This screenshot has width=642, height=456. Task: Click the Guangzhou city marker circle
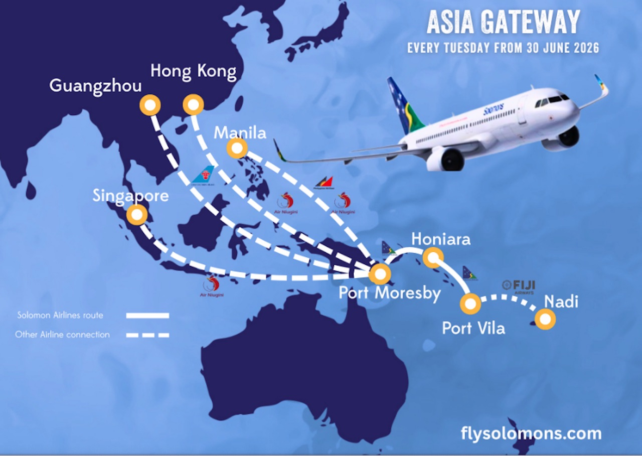coord(150,106)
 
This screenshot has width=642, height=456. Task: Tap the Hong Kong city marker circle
coord(193,106)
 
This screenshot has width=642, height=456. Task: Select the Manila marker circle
coord(237,148)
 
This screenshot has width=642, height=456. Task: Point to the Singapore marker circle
coord(136,215)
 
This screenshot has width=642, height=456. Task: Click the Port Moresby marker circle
coord(380,274)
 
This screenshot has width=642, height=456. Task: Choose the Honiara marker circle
coord(433,257)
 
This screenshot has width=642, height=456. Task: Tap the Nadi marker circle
coord(545,319)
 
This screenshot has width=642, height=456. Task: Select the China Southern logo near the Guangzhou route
coord(204,176)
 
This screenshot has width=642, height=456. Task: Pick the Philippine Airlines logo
coord(323,182)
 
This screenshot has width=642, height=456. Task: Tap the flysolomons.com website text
coord(531,433)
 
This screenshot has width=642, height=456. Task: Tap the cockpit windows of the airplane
coord(552,100)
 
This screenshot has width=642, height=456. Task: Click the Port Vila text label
coord(473,328)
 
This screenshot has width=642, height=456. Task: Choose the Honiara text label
coord(441,239)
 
